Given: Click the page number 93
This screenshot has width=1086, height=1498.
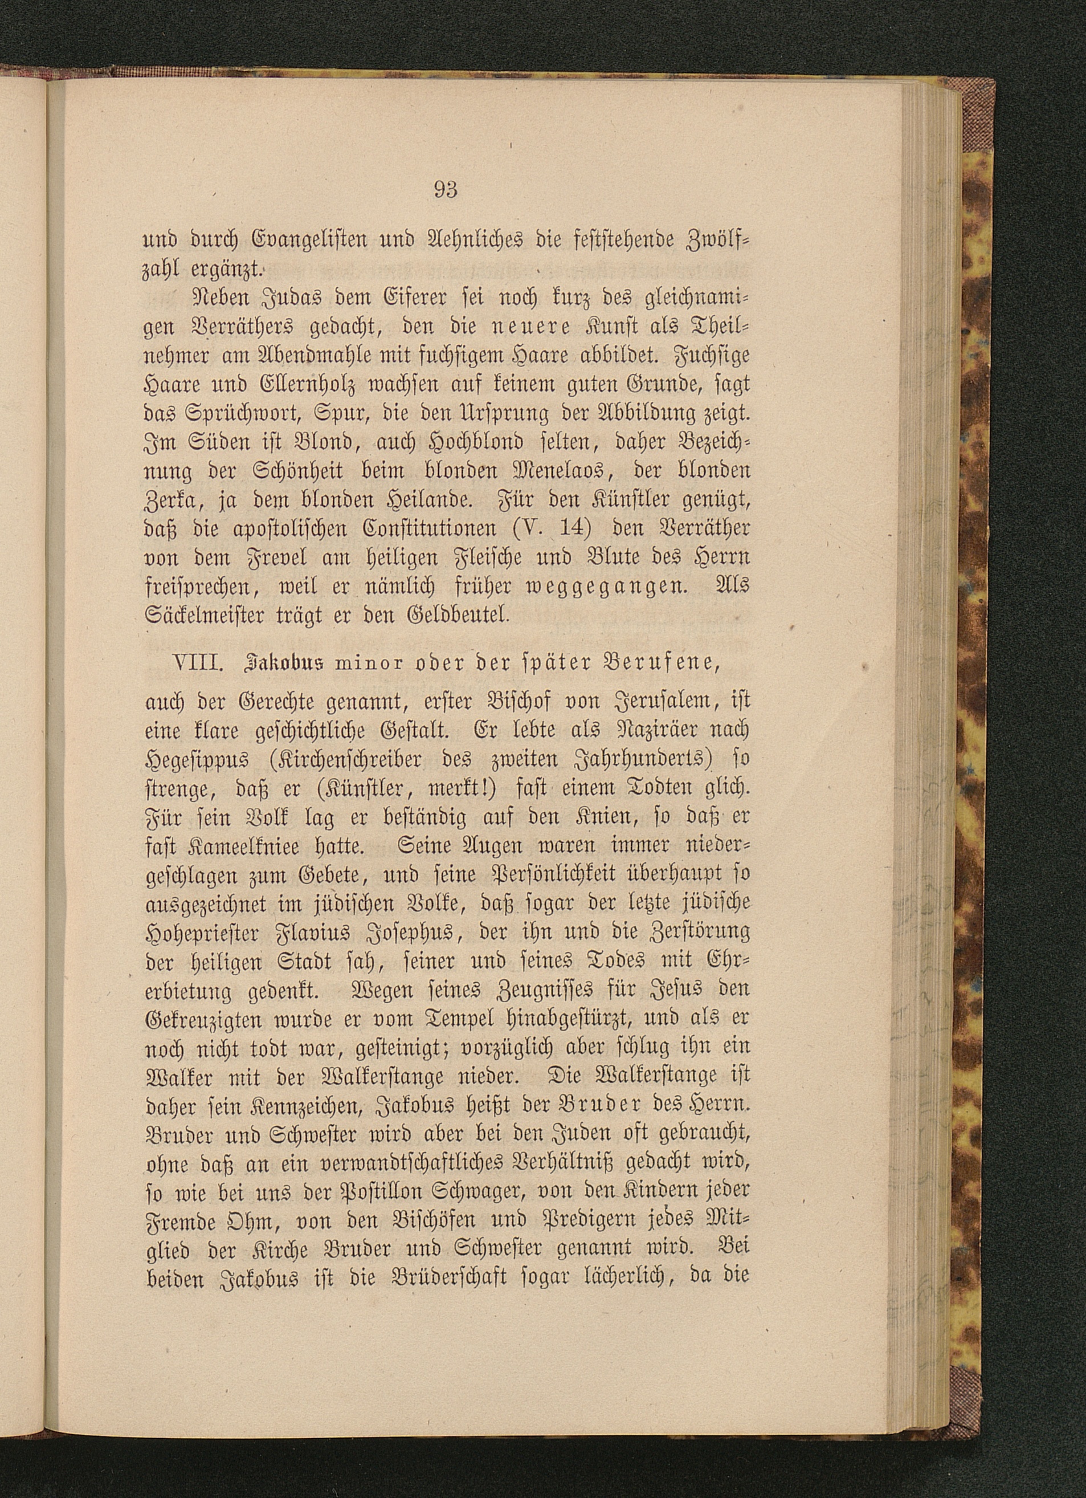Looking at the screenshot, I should [x=446, y=190].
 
